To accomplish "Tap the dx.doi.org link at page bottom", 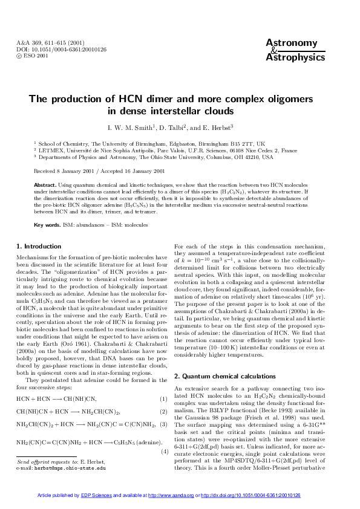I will (250, 494).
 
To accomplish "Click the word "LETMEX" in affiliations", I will (52, 150).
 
